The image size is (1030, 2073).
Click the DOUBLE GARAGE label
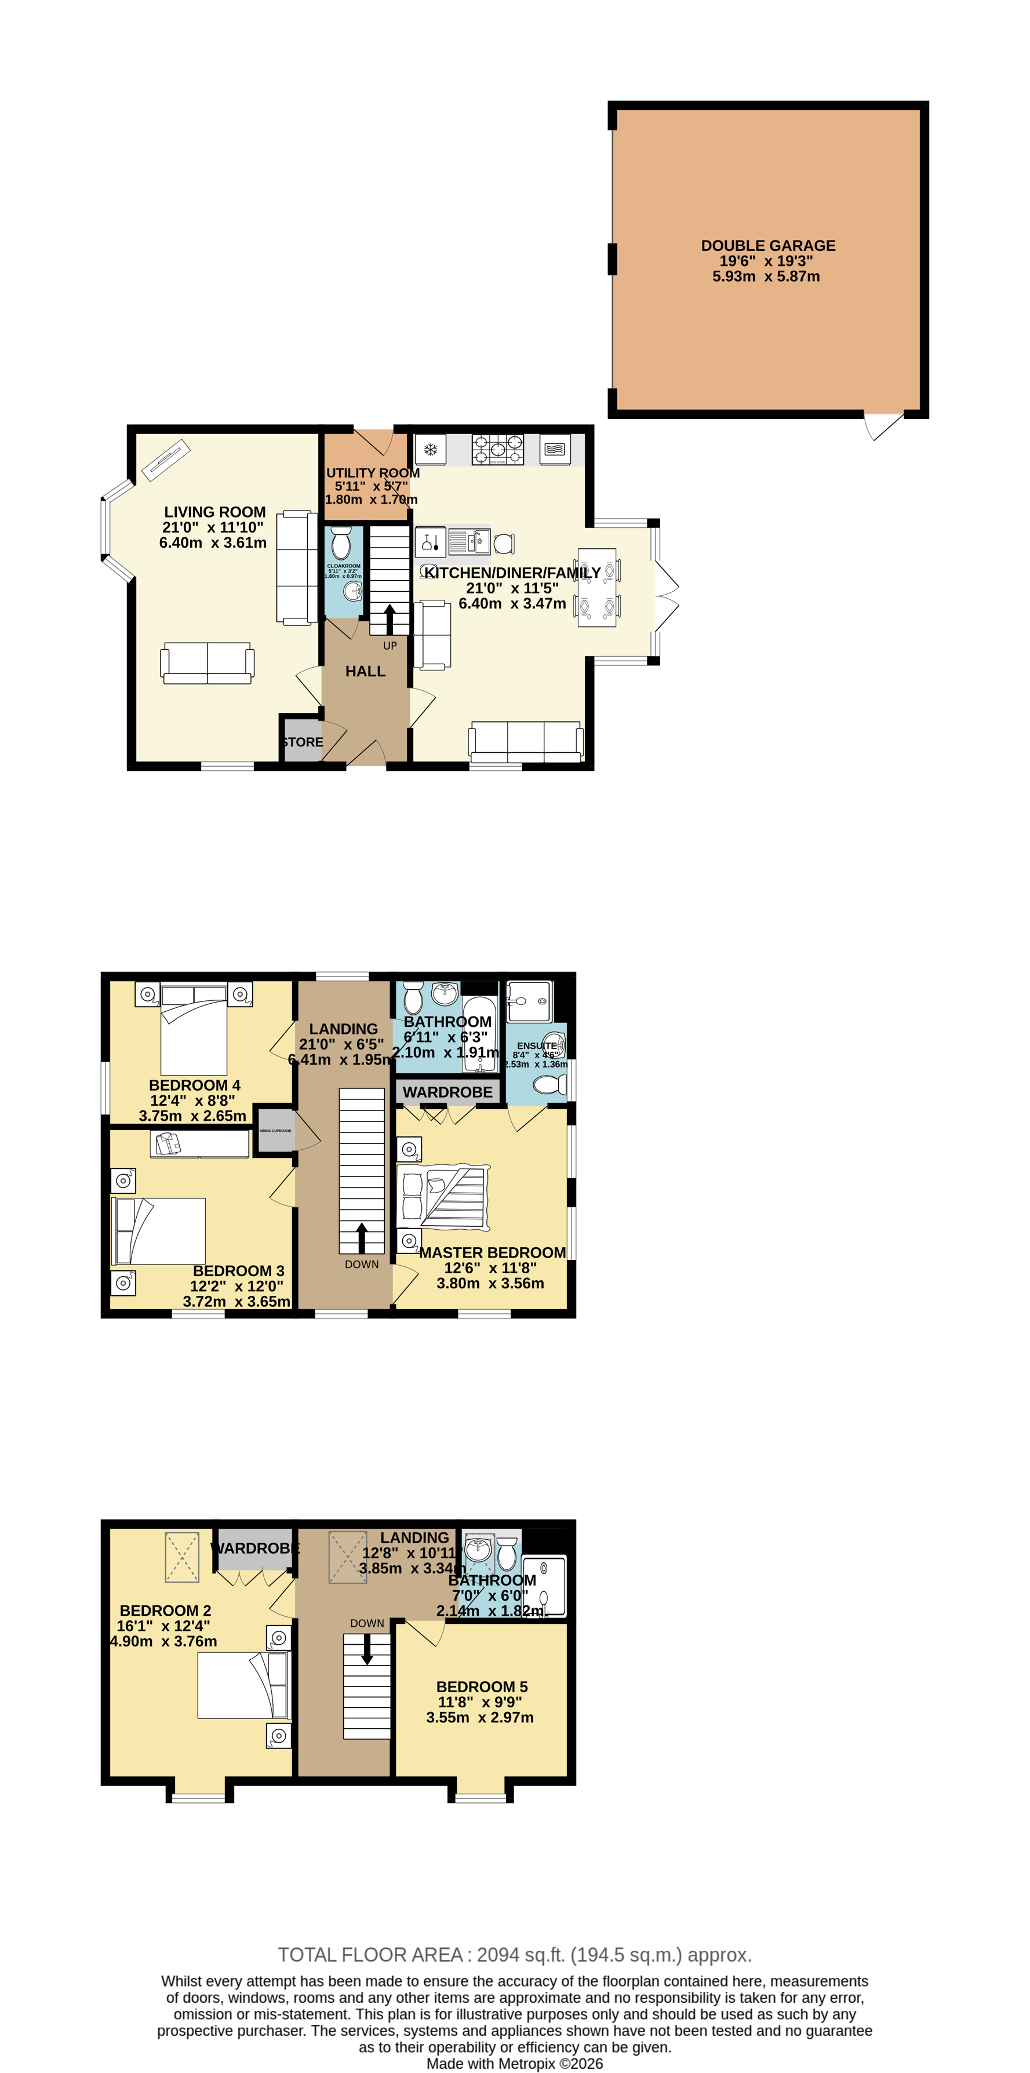coord(767,246)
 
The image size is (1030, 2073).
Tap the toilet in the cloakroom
coord(341,544)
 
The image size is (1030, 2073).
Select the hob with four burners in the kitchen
coord(497,450)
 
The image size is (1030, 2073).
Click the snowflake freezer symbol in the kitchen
coord(431,449)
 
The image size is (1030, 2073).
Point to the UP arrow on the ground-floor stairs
coord(390,620)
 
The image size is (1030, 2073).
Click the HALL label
coord(365,671)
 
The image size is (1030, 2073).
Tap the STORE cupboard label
coord(303,742)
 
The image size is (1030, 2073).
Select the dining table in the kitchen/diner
coord(596,588)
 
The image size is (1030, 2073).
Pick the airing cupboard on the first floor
coord(275,1131)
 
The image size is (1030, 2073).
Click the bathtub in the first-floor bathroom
coord(479,1034)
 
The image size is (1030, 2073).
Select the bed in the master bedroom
coord(443,1197)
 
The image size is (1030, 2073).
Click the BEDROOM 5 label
coord(481,1686)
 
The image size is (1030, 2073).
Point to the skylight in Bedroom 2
coord(182,1557)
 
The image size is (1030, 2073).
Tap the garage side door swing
coord(883,427)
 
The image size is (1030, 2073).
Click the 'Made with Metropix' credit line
coord(514,2063)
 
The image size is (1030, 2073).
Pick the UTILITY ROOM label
coord(373,473)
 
